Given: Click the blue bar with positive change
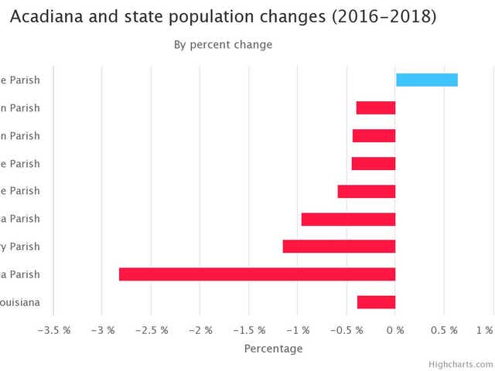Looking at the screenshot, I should coord(427,80).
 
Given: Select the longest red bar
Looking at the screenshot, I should coord(257,274).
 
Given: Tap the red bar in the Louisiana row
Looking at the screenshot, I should coord(377,302).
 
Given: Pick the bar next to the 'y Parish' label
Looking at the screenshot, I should coord(339,247).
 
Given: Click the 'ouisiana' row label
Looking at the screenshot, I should coord(22,302).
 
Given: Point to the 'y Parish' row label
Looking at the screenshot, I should coord(22,247).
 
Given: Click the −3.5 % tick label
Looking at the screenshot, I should coord(53,330).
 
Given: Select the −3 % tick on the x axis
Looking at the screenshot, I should coord(102,330).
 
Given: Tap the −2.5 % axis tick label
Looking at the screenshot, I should coord(151,330).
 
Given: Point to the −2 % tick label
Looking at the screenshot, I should coord(200,330).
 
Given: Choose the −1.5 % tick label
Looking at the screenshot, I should coord(248,330).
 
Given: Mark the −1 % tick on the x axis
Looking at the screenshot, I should coord(298,330).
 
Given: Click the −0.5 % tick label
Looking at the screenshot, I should coord(346,330).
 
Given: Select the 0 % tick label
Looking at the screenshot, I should coord(395,330).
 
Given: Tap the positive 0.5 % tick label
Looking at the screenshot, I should coord(445,330).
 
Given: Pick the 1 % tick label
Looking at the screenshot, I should coord(485,330).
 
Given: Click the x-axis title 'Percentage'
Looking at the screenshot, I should coord(273,349).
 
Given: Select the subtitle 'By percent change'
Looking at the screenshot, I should coord(223,45).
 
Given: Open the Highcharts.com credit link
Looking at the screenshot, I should coord(461,363).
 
